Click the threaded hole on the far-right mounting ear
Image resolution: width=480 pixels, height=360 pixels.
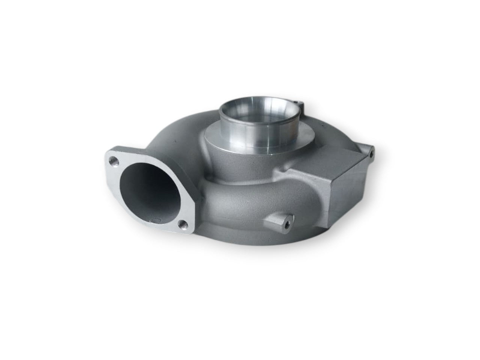click(371, 152)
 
